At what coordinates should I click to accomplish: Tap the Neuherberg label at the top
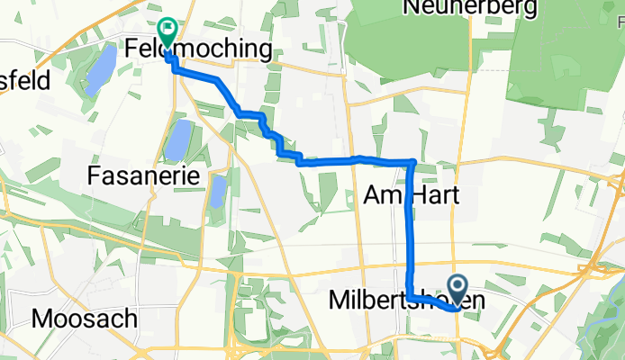click(471, 8)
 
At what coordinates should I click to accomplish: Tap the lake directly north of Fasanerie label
click(177, 139)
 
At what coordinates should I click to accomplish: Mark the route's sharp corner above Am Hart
click(413, 162)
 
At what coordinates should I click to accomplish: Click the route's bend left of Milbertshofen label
click(409, 298)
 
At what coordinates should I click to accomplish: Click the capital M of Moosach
click(41, 318)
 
